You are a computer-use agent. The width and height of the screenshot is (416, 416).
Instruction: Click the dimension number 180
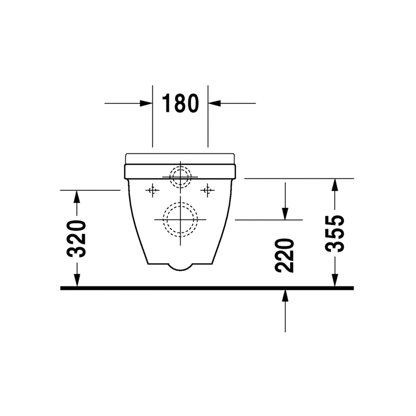pos(180,103)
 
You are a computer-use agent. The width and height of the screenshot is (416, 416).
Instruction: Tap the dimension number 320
pos(76,239)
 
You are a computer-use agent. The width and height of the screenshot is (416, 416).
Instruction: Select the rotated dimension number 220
pos(284,255)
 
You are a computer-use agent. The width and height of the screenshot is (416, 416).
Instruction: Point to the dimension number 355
pos(334,233)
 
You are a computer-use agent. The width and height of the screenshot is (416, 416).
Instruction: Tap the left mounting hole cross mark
pos(152,190)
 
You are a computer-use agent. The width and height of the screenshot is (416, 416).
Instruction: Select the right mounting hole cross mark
pos(207,190)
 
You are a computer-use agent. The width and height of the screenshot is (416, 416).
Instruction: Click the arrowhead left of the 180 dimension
pos(146,103)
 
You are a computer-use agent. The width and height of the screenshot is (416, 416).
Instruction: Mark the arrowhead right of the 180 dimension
pos(214,103)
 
